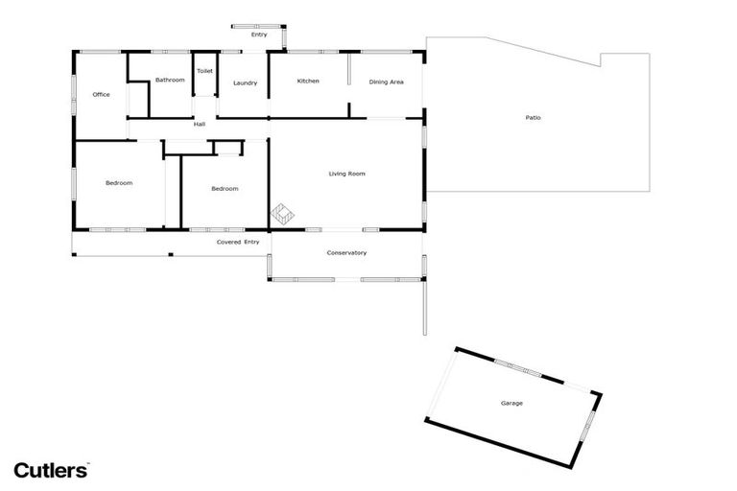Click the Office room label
coord(101,95)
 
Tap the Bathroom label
coord(170,80)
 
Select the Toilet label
coord(204,71)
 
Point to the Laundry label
coord(245,82)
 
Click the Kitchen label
coord(308,81)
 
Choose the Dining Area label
coord(386,82)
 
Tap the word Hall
coord(200,124)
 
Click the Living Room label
coord(346,174)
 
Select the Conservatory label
coord(346,253)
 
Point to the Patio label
coord(533,118)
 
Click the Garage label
coord(511,403)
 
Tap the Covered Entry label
coord(238,242)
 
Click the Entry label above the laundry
coord(259,35)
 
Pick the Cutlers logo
coord(51,469)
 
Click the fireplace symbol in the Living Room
coord(284,215)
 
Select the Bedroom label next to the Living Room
coord(225,188)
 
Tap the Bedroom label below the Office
coord(119,182)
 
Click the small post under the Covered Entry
coord(170,254)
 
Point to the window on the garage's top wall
coord(518,369)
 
